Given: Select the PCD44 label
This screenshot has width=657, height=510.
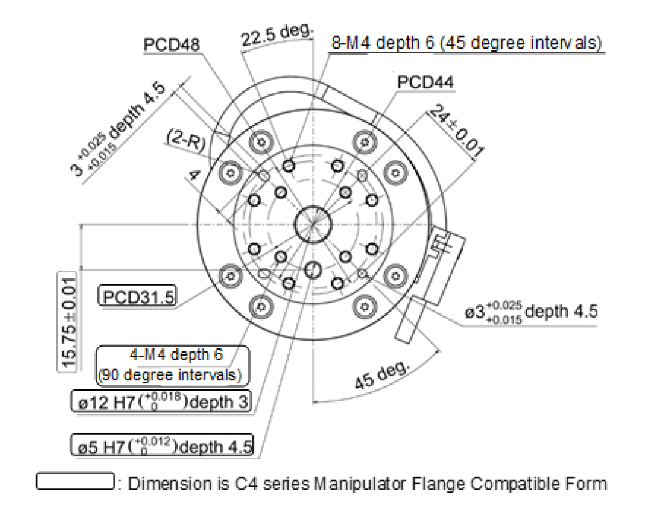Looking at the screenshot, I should click(x=425, y=82).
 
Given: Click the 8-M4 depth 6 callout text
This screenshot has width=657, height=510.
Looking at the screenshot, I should click(x=466, y=44).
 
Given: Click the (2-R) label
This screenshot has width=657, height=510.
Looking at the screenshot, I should click(x=187, y=140).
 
